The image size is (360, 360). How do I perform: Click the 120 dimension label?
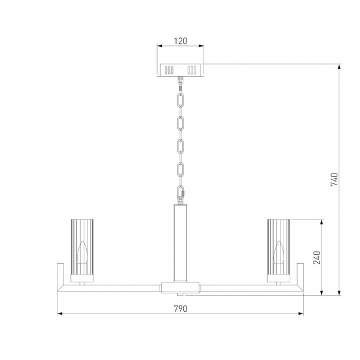click(180, 41)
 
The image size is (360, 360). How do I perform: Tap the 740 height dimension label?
click(334, 179)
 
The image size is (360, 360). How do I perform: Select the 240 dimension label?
click(317, 257)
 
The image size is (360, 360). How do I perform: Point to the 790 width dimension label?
click(180, 309)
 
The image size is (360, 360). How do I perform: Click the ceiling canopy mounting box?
click(180, 70)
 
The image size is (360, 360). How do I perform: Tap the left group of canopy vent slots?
click(169, 70)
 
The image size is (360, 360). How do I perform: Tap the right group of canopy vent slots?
click(192, 70)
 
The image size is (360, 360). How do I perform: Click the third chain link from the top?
click(181, 146)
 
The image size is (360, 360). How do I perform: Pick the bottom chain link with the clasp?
click(181, 192)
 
